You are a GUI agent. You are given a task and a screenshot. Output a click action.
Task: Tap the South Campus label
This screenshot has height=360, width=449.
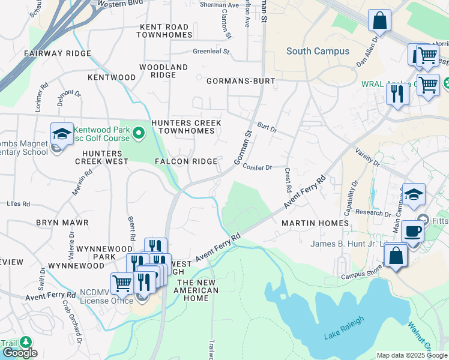[x=318, y=51]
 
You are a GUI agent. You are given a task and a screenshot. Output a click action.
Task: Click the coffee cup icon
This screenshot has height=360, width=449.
[x=412, y=231]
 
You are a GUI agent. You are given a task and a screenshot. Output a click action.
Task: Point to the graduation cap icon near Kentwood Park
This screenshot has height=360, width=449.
[x=61, y=134]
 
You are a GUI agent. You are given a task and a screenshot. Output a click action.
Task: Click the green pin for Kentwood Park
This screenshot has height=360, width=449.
[x=139, y=132]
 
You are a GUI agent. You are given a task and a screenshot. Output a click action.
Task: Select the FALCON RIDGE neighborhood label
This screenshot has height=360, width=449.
[x=186, y=161]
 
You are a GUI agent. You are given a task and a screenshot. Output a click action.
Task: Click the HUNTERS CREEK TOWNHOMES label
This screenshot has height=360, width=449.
[x=186, y=127]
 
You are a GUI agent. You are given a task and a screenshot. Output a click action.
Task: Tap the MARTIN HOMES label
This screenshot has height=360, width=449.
[x=315, y=223]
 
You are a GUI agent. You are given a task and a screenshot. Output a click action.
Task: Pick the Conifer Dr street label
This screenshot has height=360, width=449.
[x=258, y=167]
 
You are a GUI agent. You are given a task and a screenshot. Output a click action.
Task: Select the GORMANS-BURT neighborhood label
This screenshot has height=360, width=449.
[x=241, y=80]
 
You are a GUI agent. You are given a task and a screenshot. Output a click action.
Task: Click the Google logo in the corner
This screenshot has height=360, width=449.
[x=19, y=353]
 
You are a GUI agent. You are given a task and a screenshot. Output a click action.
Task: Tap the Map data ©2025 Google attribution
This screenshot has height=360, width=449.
[x=412, y=355]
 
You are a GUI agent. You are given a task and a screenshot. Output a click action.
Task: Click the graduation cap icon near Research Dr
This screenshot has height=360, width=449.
[x=414, y=195]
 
